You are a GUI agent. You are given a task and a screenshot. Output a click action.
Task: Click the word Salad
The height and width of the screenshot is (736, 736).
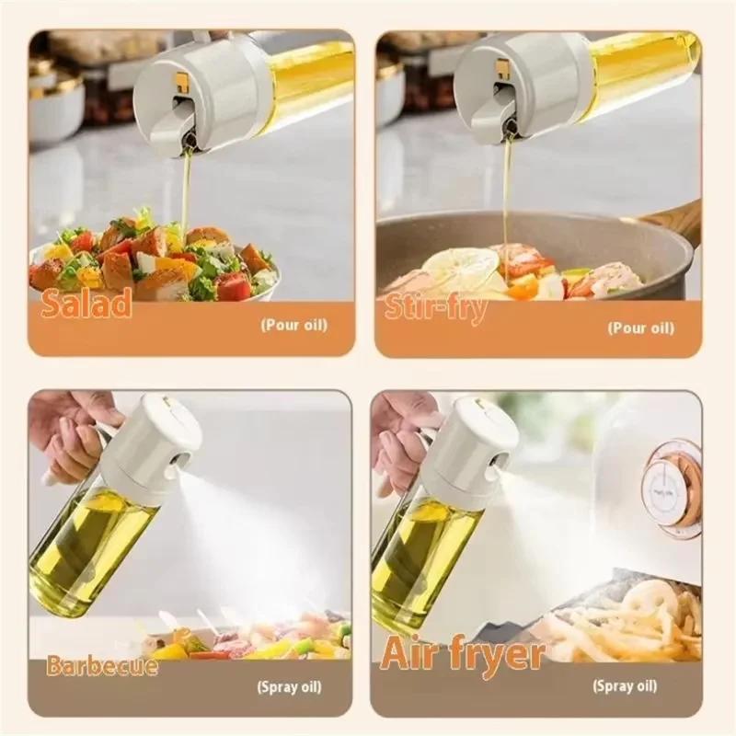[86, 303]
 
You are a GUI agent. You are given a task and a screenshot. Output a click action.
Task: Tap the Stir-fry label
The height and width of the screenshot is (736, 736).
[435, 308]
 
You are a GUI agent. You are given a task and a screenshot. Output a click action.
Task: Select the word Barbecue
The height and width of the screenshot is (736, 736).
[102, 665]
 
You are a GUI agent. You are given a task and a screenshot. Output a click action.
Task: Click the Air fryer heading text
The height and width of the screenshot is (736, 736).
[463, 653]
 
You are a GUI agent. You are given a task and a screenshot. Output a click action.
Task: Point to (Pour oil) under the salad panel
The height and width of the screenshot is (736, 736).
[293, 325]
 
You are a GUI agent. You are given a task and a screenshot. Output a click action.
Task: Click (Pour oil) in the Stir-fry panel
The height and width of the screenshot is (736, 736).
[640, 328]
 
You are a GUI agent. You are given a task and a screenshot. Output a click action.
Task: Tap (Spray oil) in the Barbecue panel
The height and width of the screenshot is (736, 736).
[290, 687]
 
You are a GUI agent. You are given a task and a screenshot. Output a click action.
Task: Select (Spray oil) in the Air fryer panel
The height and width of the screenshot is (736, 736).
[625, 685]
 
